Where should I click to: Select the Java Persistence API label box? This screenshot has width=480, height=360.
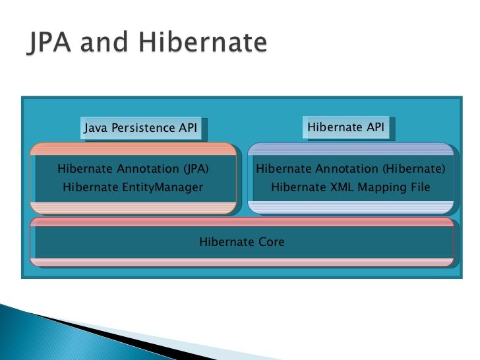pos(141,129)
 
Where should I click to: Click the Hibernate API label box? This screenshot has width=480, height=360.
pos(345,127)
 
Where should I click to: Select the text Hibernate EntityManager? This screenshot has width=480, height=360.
pos(133,187)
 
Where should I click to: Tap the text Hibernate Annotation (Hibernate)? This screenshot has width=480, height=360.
pos(351,169)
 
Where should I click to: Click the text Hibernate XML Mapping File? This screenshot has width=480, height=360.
pos(351,187)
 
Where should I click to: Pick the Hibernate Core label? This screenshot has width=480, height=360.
pos(242,242)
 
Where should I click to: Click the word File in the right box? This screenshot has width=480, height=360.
pos(419,187)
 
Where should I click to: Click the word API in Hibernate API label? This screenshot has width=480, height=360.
pos(373,127)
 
